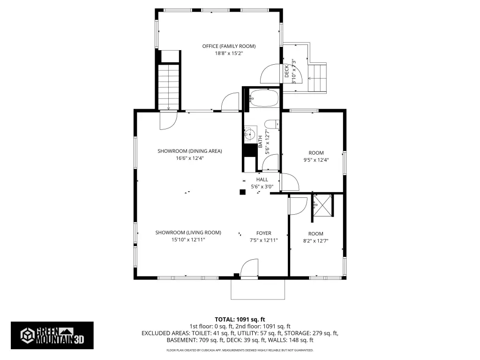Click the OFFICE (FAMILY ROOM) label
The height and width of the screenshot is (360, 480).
point(229,46)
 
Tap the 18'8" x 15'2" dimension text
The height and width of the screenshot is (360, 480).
point(229,53)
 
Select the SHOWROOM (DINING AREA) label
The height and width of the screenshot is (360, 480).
point(190,151)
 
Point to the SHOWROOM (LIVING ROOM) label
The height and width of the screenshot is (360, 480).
point(188,232)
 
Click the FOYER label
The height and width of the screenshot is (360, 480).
point(263,233)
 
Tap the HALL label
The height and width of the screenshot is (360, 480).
point(262,180)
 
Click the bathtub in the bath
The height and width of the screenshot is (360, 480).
point(263,98)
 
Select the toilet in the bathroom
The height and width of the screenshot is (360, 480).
point(272,124)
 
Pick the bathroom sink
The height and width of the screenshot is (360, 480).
point(250,134)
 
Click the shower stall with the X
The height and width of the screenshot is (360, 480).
point(322,205)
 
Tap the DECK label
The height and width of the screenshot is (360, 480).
point(287,71)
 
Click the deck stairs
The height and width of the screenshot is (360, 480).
point(317,78)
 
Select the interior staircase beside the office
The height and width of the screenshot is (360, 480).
point(168,86)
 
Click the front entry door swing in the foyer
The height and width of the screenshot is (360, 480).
point(249,269)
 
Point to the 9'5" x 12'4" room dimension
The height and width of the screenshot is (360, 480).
point(316,160)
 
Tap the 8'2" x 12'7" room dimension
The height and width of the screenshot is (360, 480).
point(315,241)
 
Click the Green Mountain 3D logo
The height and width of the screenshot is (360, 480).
point(52,336)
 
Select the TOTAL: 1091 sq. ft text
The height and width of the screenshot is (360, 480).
point(240,320)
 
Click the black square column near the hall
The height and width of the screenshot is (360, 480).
point(242,192)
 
